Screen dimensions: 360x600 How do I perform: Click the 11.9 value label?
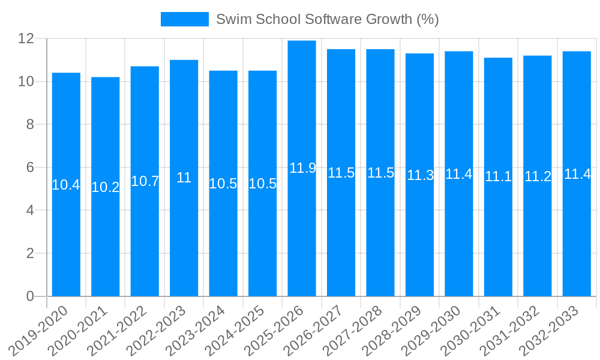coord(302,168)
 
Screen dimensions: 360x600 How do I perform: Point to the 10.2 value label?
coord(106,187)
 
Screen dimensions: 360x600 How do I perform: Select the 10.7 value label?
coord(145,181)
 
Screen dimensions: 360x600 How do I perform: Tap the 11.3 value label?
coord(420,176)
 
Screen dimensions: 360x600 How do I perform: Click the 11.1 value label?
coord(498,176)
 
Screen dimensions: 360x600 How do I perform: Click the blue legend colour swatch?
coord(184,19)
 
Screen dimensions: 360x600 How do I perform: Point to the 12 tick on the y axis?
coord(26,38)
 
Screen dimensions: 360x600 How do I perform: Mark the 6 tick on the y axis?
coord(30,167)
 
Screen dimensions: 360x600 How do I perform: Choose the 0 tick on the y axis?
coord(30,296)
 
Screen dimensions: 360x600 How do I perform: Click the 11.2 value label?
coord(538,176)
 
